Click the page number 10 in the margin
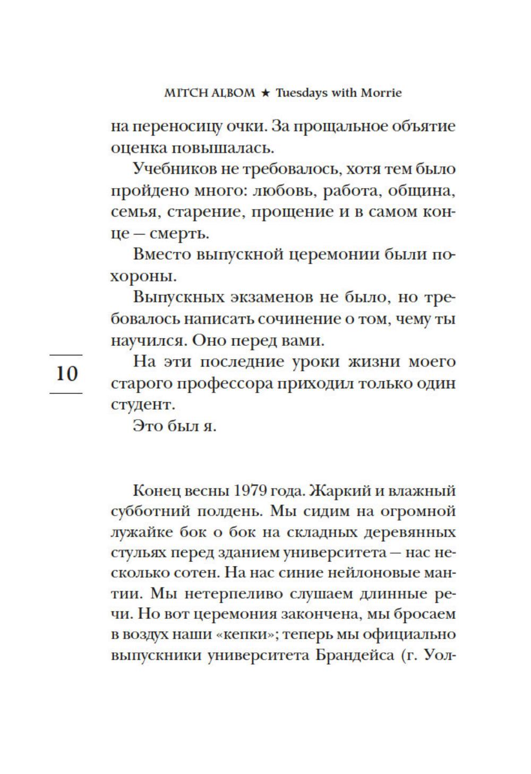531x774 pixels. tap(66, 373)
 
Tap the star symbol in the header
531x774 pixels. tap(265, 93)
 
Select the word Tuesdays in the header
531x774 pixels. tap(301, 93)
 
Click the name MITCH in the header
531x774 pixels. tap(182, 93)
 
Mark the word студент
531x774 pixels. tap(135, 404)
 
